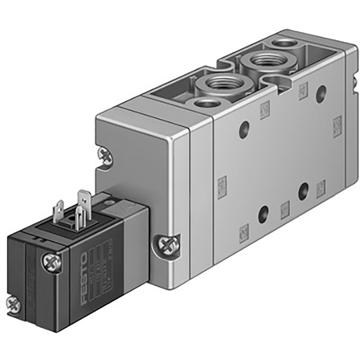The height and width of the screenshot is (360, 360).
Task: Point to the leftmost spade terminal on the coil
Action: point(59,211)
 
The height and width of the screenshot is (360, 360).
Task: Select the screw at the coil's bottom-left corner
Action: point(13,303)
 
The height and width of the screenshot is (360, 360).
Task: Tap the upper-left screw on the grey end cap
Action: point(105,156)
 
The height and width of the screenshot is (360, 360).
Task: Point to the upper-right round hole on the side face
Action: point(321,94)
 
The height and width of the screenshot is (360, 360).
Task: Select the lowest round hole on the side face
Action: point(264,213)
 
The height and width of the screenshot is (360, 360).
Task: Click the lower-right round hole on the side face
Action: point(303,192)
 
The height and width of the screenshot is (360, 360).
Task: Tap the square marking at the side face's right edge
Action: point(337,124)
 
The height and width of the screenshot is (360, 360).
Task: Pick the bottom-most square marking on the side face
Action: point(244,235)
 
